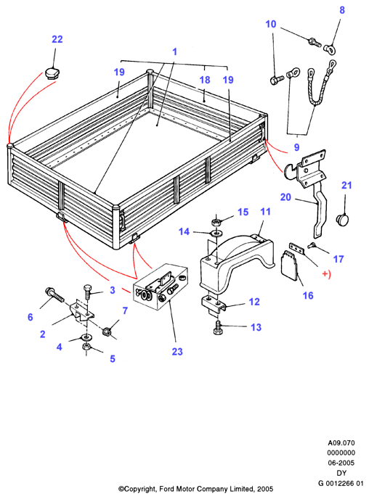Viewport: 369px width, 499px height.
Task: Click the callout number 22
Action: (57, 39)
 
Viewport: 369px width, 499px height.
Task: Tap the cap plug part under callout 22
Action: (52, 73)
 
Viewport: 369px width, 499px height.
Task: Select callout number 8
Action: (342, 10)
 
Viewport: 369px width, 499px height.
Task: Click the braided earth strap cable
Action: (321, 83)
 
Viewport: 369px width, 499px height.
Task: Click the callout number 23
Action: (177, 351)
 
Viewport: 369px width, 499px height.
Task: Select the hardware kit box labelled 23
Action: (161, 286)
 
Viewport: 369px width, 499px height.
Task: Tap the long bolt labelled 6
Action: (54, 295)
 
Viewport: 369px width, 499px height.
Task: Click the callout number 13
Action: (256, 327)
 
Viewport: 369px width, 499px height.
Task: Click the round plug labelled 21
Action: (343, 220)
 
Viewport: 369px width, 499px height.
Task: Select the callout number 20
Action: (285, 197)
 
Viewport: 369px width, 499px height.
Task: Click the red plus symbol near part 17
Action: (325, 273)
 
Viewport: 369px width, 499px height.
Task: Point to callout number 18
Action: (205, 80)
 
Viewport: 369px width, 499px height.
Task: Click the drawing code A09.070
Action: (341, 442)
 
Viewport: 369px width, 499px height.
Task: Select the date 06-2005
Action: (341, 463)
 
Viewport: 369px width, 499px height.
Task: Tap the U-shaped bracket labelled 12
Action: (214, 305)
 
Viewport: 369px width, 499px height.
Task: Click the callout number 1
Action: (174, 51)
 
